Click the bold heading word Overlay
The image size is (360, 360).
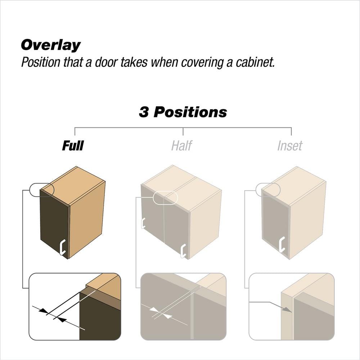pyautogui.click(x=51, y=45)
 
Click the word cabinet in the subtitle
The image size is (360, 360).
pyautogui.click(x=255, y=62)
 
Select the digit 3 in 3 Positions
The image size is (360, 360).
pyautogui.click(x=144, y=112)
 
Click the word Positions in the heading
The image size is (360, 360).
pyautogui.click(x=190, y=112)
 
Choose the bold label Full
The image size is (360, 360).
pyautogui.click(x=73, y=145)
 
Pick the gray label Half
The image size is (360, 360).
pyautogui.click(x=181, y=145)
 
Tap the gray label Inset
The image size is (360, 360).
pyautogui.click(x=290, y=145)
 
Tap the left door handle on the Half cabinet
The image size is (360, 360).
pyautogui.click(x=143, y=223)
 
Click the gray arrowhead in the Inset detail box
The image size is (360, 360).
pyautogui.click(x=287, y=310)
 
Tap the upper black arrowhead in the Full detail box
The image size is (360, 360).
pyautogui.click(x=44, y=311)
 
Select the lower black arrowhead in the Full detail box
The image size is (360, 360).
pyautogui.click(x=62, y=319)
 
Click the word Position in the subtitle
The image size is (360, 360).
pyautogui.click(x=41, y=62)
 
